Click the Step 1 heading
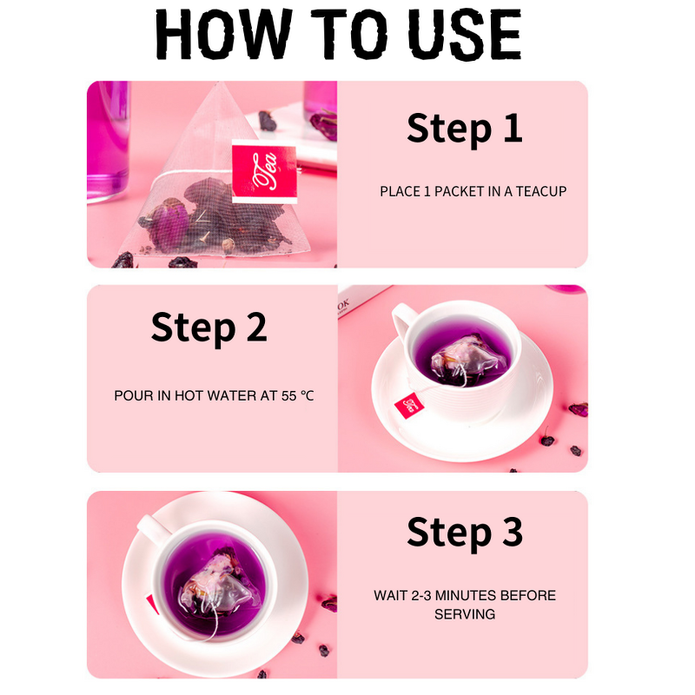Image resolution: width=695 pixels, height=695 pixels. (465, 128)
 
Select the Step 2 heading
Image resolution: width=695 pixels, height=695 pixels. (208, 328)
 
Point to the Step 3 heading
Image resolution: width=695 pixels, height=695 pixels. (465, 532)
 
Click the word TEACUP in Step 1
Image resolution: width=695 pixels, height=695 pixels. (541, 191)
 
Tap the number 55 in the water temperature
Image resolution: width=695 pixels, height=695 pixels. (289, 395)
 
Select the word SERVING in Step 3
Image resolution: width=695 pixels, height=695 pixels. (465, 614)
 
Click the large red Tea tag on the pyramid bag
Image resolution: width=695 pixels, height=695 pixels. (264, 172)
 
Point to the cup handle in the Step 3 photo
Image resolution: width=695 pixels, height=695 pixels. (153, 527)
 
